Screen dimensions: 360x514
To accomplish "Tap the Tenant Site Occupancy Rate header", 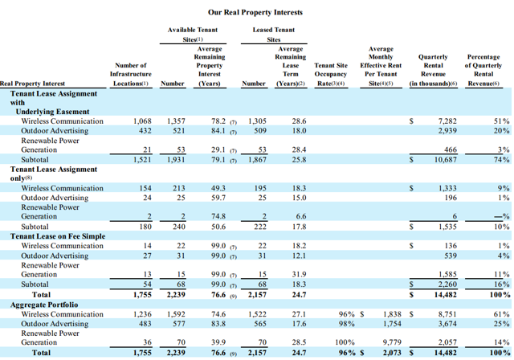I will (330, 74).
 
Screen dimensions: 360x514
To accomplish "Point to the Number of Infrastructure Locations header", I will (130, 74).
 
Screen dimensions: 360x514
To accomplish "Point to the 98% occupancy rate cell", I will (346, 323).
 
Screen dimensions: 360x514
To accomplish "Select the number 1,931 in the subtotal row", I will (175, 159).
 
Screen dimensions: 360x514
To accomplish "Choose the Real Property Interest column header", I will (33, 83).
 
